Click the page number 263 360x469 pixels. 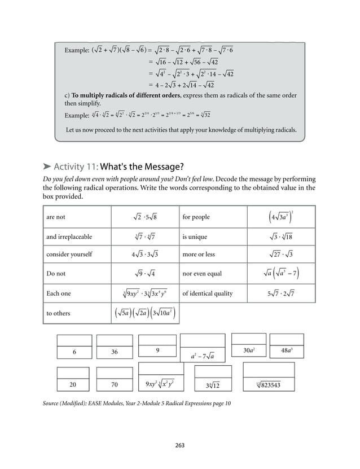(180, 446)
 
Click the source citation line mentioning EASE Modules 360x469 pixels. (137, 404)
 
